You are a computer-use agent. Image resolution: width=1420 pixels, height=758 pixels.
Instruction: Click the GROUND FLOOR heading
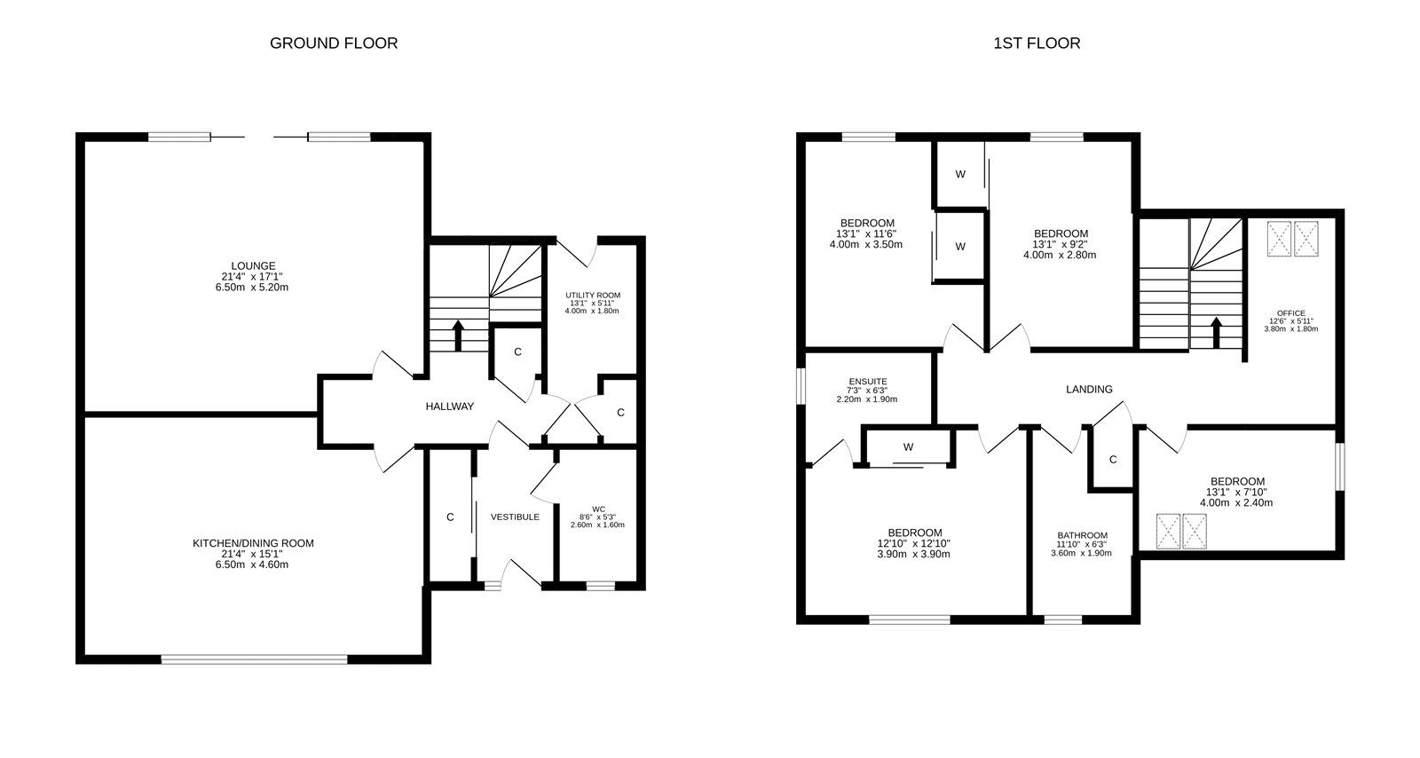coord(334,43)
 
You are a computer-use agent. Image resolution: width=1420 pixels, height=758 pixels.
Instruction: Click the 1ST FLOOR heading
coord(1037,43)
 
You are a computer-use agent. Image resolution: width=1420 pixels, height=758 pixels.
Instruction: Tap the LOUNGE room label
coord(254,265)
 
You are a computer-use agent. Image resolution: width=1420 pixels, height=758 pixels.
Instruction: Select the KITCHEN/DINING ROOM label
coord(254,543)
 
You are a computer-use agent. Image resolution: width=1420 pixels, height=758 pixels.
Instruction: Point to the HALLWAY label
coord(450,407)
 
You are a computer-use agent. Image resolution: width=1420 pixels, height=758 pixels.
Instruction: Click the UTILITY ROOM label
coord(593,296)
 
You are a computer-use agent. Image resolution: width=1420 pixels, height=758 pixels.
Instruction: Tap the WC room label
coord(598,509)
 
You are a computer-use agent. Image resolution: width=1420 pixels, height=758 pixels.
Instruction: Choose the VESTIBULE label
coord(515,517)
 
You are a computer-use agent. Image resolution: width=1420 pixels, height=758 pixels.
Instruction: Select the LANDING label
coord(1089,389)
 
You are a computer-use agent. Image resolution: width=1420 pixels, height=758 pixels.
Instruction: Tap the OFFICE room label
coord(1291,313)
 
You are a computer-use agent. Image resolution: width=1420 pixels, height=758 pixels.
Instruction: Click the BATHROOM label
coord(1082,535)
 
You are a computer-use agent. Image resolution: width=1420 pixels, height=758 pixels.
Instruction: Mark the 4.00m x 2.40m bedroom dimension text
coord(1236,502)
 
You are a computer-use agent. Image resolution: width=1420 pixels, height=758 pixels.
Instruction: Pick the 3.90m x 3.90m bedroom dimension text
coord(913,554)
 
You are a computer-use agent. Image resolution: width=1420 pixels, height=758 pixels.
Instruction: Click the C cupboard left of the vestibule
coord(450,517)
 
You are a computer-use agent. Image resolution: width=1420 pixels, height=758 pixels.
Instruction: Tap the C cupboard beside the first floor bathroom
coord(1113,459)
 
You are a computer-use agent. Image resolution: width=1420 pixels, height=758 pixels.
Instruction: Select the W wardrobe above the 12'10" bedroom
coord(908,447)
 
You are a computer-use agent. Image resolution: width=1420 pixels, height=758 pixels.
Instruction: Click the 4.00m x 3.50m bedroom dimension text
coord(866,244)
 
